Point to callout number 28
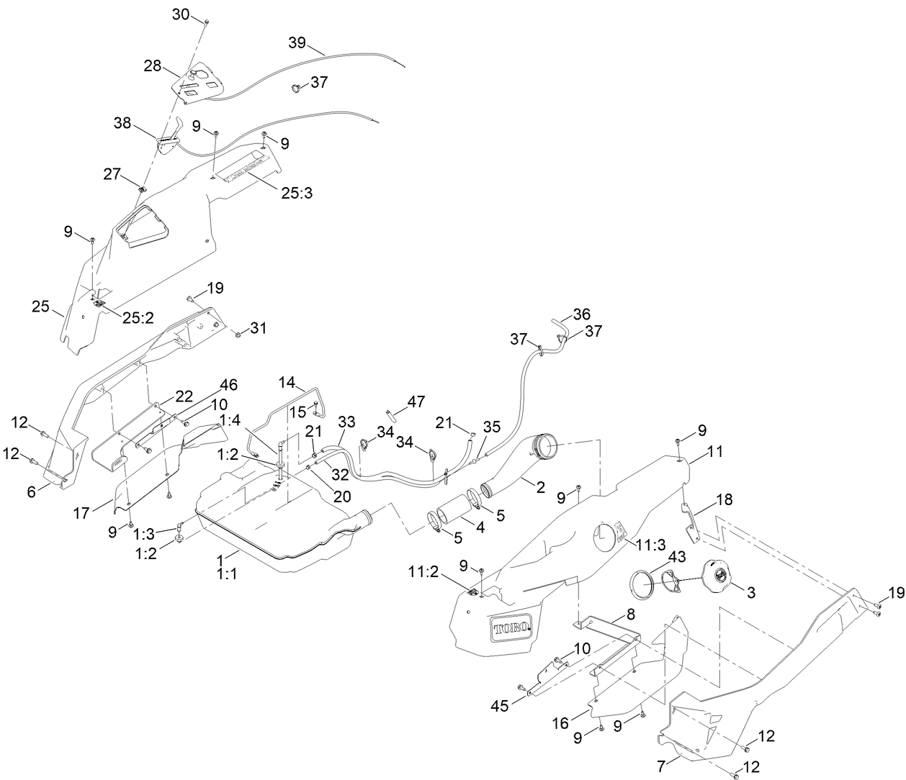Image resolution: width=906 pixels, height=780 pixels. point(152,66)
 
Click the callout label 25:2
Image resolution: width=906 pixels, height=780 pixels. point(138,317)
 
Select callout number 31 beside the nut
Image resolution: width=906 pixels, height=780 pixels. point(259,328)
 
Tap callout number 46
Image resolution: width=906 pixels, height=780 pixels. point(228,384)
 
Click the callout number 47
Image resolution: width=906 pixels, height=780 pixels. point(416,401)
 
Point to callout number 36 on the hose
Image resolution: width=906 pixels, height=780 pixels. point(581,314)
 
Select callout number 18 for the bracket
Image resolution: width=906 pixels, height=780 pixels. point(725,499)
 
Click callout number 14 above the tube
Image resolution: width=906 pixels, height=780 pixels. point(287,381)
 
